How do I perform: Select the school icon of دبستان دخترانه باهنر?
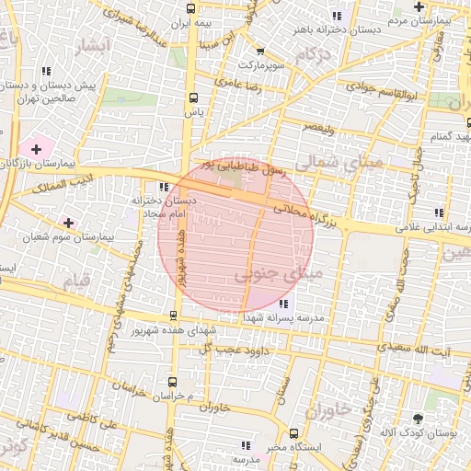pyautogui.click(x=336, y=16)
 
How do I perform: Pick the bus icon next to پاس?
pyautogui.click(x=192, y=98)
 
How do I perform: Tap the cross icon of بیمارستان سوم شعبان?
pyautogui.click(x=68, y=222)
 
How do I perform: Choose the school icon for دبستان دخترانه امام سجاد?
pyautogui.click(x=164, y=187)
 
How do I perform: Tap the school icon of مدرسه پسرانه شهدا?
pyautogui.click(x=283, y=303)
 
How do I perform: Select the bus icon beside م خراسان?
pyautogui.click(x=171, y=381)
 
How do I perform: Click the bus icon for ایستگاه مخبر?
pyautogui.click(x=293, y=433)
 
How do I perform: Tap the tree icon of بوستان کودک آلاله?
pyautogui.click(x=419, y=419)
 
